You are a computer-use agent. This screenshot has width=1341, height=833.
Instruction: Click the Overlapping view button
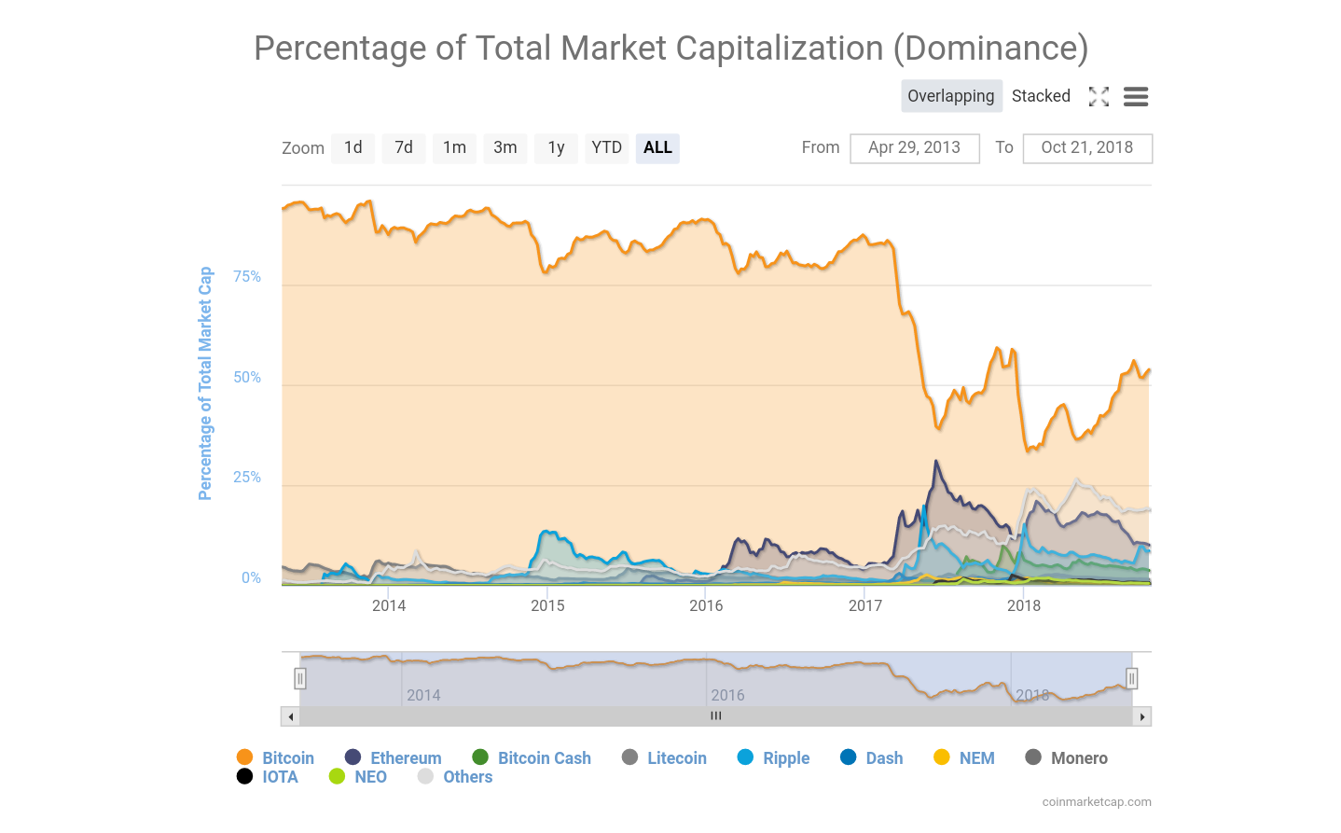point(951,96)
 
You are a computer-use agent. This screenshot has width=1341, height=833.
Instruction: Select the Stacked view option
point(1041,96)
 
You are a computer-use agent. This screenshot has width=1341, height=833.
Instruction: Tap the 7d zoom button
point(404,147)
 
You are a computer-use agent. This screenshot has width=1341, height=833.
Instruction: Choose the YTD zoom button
point(606,147)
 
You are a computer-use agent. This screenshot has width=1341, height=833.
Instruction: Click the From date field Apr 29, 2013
point(914,148)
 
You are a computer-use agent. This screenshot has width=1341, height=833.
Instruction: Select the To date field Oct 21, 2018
point(1086,148)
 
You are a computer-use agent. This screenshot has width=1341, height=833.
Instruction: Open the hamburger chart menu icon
point(1135,97)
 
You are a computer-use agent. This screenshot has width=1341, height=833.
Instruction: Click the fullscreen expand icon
point(1099,97)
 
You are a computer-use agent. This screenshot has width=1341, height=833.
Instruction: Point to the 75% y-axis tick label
point(247,277)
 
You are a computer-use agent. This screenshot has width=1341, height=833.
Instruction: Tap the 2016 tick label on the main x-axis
point(706,605)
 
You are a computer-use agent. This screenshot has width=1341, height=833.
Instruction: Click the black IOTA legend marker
point(244,777)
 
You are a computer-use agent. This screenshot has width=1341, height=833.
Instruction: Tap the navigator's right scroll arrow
point(1142,716)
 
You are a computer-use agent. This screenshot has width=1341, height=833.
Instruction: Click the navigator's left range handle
point(300,678)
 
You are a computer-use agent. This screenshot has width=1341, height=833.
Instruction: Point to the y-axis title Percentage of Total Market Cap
point(205,383)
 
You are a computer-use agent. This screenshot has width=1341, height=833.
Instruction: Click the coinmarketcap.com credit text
point(1097,802)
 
